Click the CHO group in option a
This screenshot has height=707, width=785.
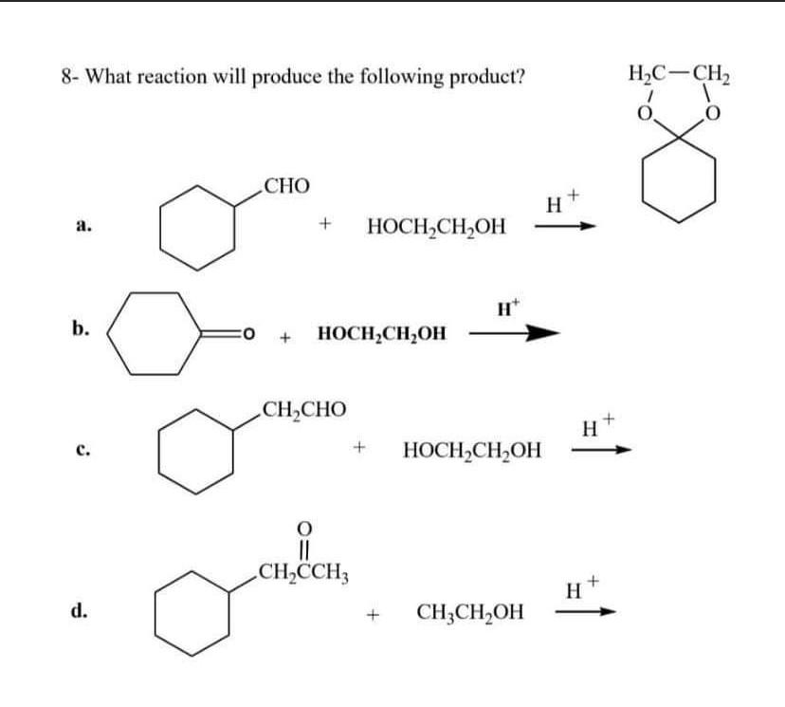(286, 185)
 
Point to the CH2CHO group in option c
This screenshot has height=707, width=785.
(303, 410)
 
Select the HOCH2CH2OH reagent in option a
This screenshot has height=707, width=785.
(435, 227)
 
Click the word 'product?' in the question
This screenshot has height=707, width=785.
(489, 76)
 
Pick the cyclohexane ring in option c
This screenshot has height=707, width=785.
(196, 450)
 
